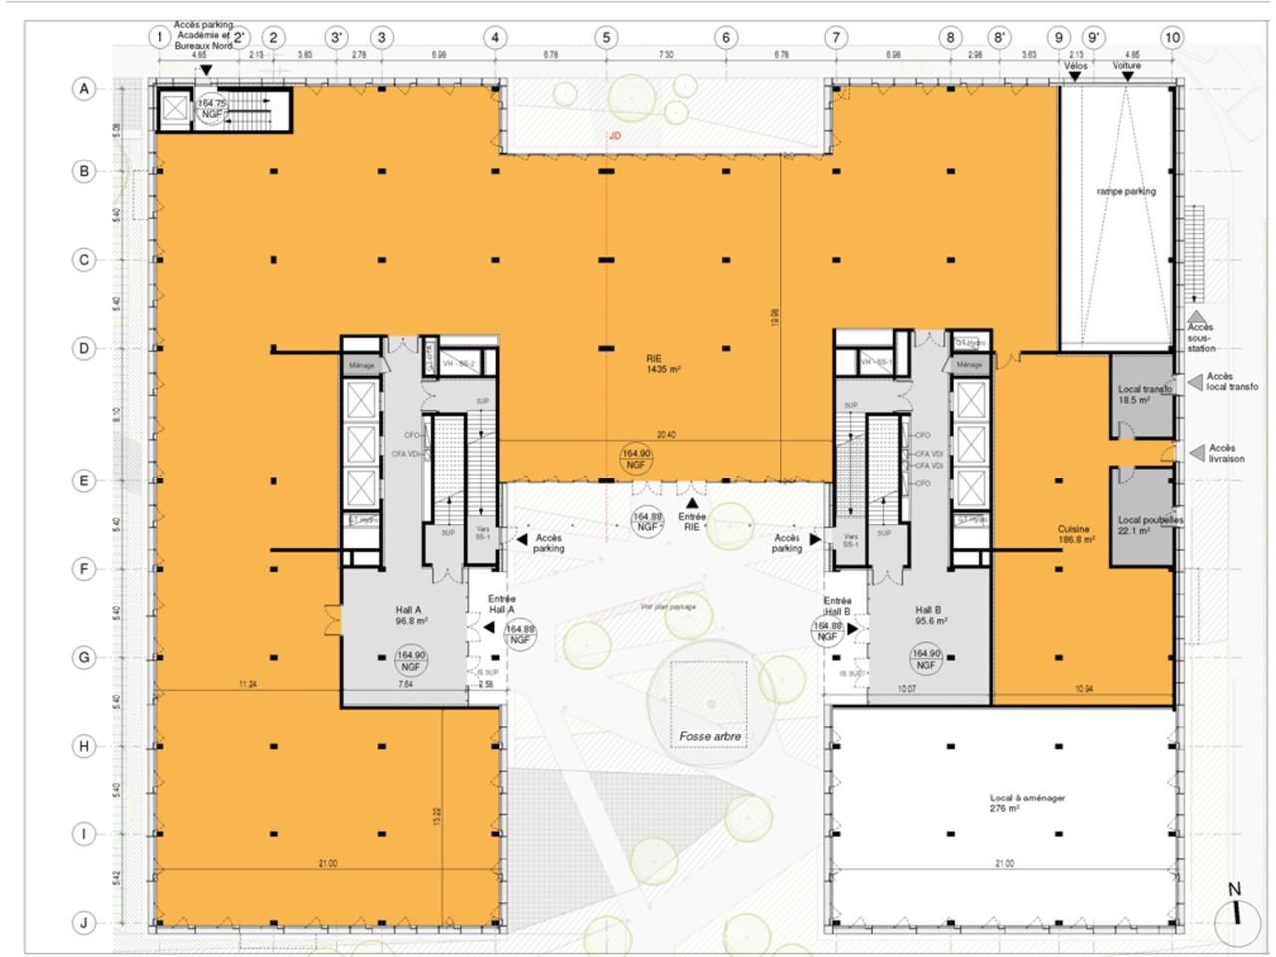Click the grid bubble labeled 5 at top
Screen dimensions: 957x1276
point(606,37)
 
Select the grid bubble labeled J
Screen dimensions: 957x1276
point(84,923)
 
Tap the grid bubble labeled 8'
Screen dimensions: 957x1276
point(999,37)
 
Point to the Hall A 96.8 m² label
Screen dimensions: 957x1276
point(410,614)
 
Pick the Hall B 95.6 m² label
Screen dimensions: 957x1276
point(930,614)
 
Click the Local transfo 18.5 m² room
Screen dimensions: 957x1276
point(1142,394)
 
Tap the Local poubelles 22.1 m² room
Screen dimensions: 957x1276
point(1142,526)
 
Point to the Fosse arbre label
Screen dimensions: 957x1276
point(710,737)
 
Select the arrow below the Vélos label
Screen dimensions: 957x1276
point(1075,77)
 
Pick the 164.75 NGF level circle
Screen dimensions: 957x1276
point(212,107)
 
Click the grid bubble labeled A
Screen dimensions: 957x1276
point(84,89)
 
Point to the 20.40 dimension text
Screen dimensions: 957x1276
point(666,435)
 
